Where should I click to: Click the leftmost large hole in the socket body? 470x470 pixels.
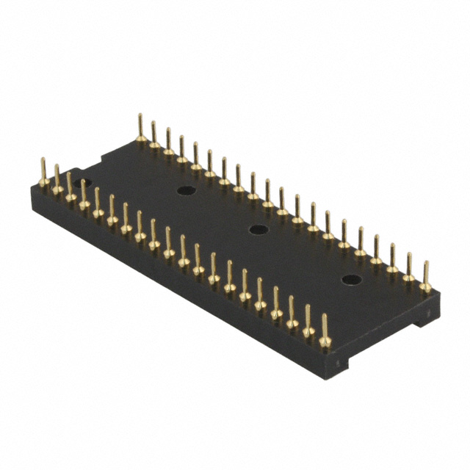point(183,190)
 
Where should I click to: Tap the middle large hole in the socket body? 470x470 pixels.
point(258,230)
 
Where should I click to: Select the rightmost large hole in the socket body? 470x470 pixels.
point(353,280)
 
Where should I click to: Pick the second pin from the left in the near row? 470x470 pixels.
point(57,184)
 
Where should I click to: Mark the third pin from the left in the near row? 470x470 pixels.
point(70,190)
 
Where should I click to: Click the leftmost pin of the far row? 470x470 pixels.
point(140,129)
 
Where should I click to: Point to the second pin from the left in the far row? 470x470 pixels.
point(154,137)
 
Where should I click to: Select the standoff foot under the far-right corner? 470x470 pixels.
point(425,318)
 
